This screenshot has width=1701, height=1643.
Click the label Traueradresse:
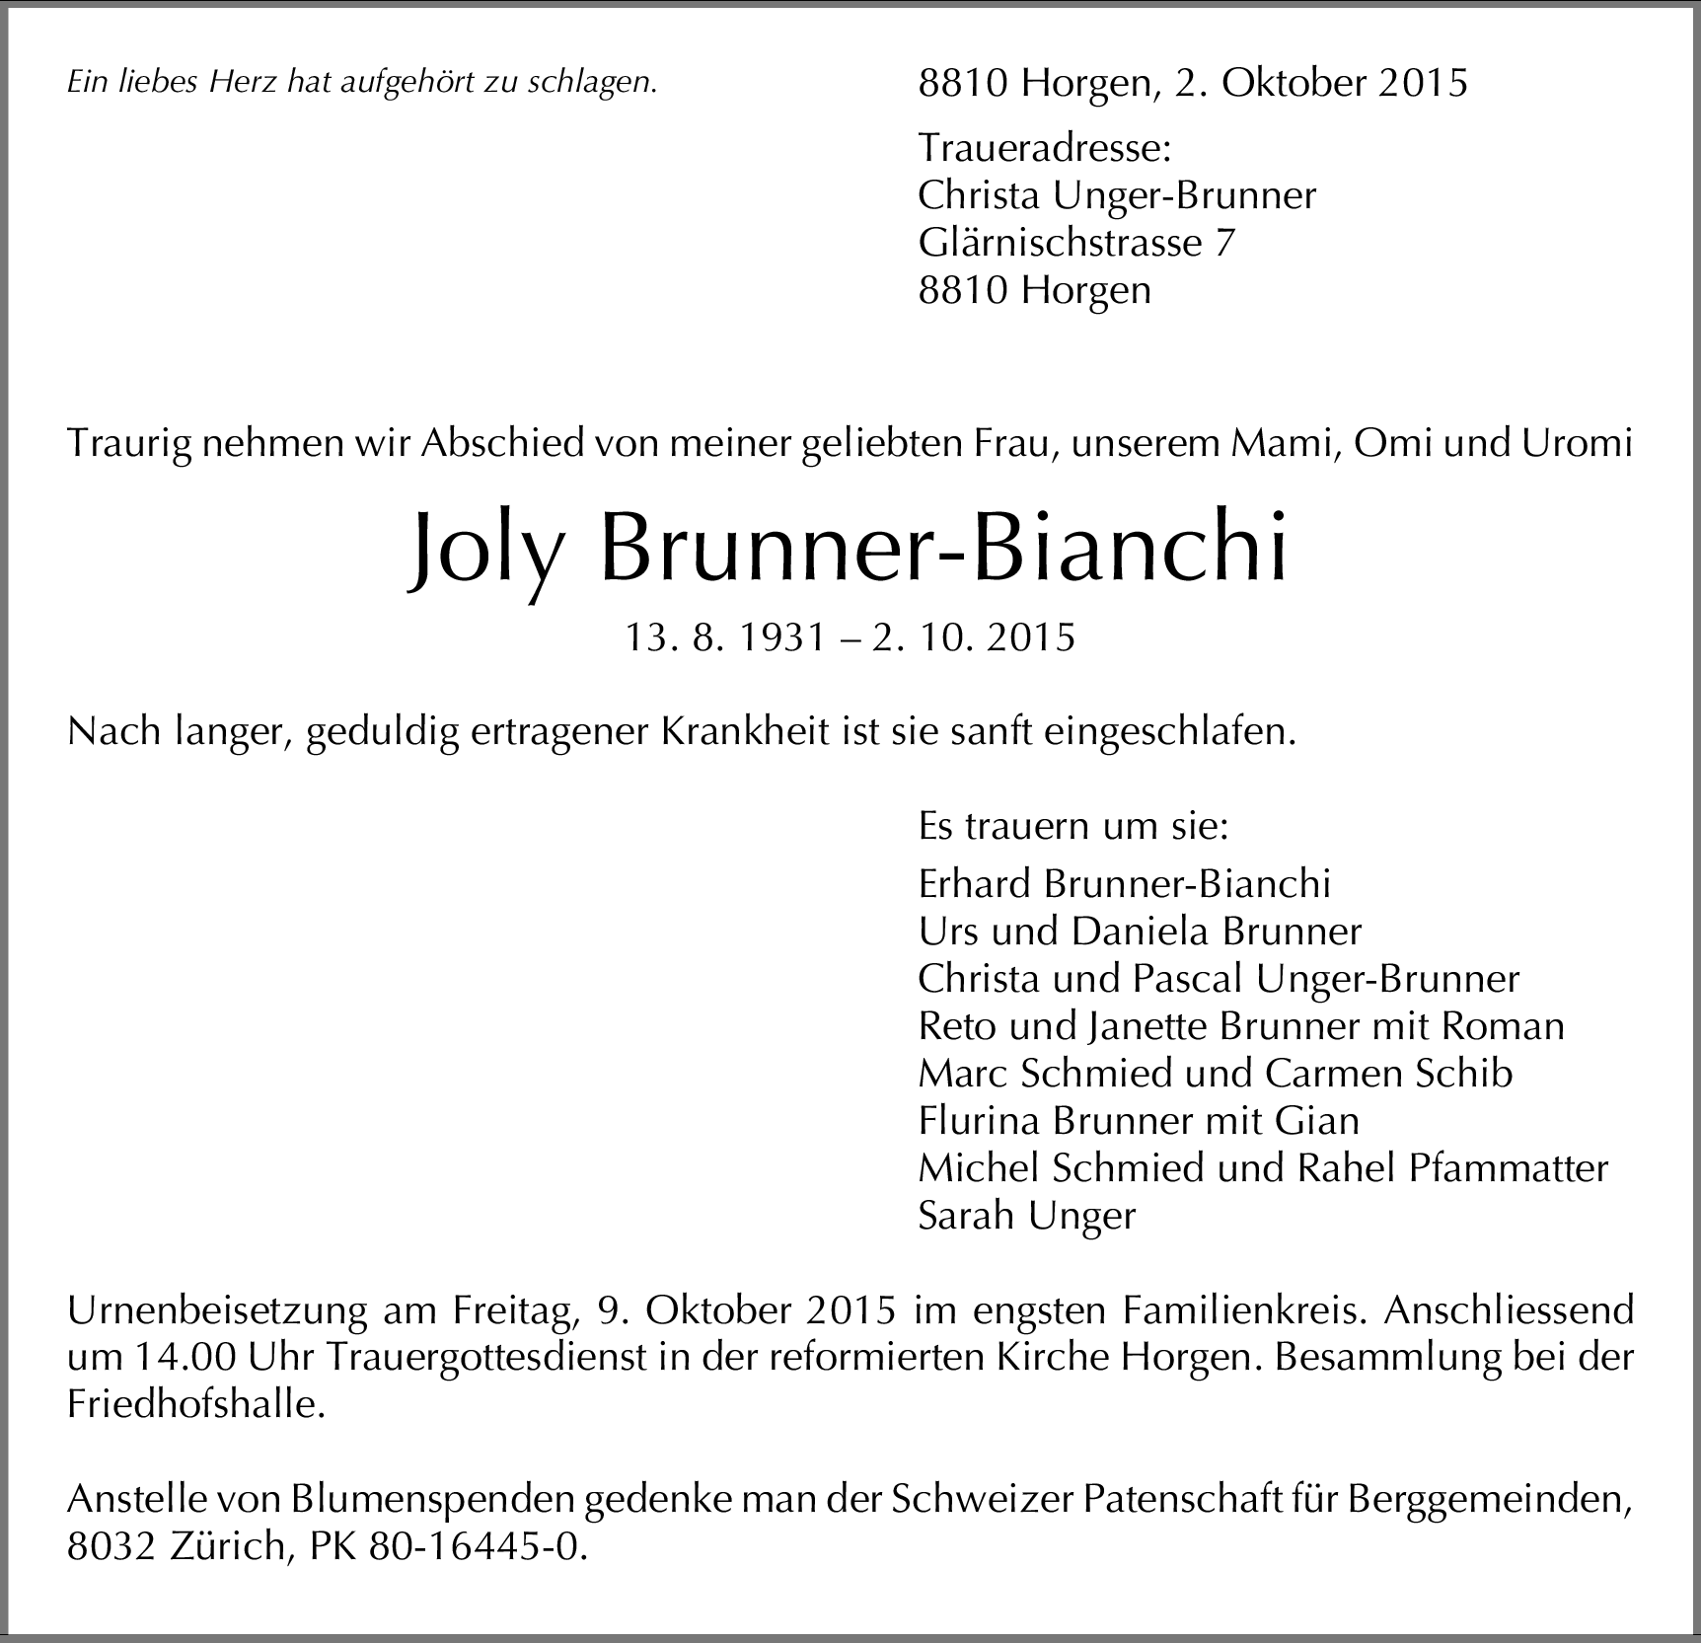coord(1044,148)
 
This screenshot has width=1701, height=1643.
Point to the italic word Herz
coord(243,83)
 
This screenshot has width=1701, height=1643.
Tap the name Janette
coord(1148,1026)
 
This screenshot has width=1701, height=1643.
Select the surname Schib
coord(1462,1074)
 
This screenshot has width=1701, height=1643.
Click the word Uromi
coord(1578,444)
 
